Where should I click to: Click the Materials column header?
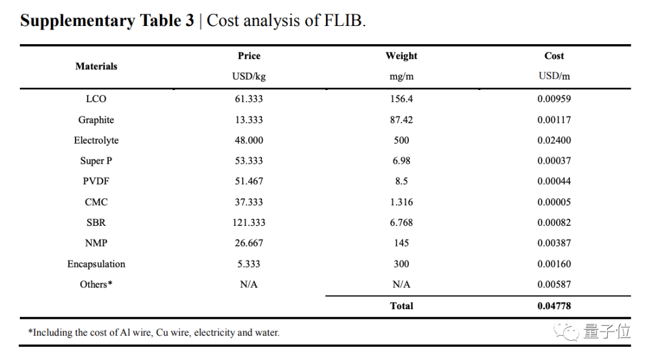click(96, 66)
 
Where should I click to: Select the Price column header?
click(249, 56)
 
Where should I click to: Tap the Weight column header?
click(401, 56)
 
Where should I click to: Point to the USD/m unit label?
click(554, 76)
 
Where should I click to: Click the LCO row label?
click(96, 99)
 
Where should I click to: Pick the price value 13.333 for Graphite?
click(249, 120)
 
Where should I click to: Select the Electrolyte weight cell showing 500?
click(401, 140)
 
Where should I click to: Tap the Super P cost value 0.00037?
click(554, 161)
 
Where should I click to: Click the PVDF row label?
click(96, 181)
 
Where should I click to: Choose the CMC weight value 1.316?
click(401, 202)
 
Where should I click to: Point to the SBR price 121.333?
click(249, 223)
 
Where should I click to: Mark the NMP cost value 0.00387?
click(554, 243)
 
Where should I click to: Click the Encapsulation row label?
click(96, 264)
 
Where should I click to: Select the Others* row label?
click(96, 284)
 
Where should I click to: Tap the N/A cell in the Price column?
click(249, 284)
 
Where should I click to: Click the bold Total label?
click(401, 306)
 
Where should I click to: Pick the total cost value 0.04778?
click(554, 306)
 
